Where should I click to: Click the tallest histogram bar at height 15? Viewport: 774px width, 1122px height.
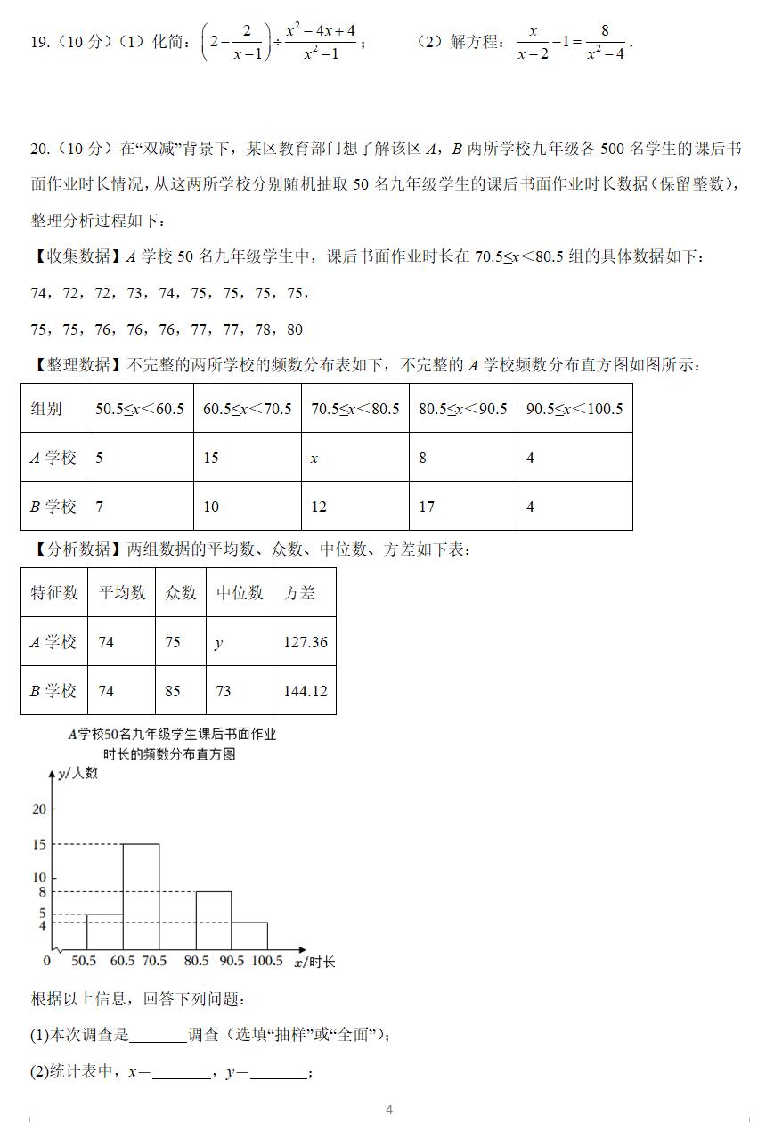[141, 896]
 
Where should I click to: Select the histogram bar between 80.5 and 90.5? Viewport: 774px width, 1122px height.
[214, 920]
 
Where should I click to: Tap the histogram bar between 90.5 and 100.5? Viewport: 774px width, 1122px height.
[249, 935]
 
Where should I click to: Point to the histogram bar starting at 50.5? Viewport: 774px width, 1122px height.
[104, 931]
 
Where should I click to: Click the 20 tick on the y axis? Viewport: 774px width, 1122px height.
[38, 809]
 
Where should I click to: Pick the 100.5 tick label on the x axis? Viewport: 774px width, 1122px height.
[266, 962]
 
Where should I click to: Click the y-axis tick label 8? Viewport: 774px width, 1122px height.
[41, 892]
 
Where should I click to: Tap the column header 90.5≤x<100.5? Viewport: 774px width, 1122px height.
[574, 409]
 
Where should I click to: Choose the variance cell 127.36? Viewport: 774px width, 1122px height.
[305, 642]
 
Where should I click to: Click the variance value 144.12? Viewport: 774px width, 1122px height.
[305, 691]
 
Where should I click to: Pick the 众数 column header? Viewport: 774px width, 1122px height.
[181, 593]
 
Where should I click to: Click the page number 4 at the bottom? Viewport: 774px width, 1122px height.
[389, 1110]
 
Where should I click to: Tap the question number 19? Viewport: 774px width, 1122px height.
[39, 42]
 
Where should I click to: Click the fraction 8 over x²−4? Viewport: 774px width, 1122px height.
[605, 42]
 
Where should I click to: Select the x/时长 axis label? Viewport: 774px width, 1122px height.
[314, 962]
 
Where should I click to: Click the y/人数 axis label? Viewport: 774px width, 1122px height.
[77, 773]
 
